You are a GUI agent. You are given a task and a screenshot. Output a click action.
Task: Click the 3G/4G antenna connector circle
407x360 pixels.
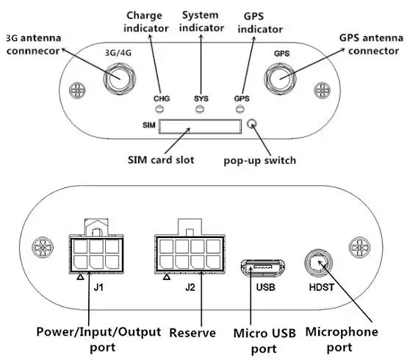[120, 79]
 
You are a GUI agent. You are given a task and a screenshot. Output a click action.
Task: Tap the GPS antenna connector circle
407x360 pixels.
[281, 79]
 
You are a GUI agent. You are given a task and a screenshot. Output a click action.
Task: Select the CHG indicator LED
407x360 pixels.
[159, 109]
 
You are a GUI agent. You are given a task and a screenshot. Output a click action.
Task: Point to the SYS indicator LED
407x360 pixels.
[200, 109]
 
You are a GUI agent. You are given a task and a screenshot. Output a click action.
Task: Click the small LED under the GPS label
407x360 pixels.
[239, 109]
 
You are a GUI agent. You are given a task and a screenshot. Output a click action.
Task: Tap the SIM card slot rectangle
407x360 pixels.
[200, 126]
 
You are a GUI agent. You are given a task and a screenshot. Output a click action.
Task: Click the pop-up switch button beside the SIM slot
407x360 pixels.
[252, 124]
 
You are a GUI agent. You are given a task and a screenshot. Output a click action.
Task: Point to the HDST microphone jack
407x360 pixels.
[319, 263]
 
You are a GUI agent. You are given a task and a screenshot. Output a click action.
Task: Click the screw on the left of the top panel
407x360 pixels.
[77, 90]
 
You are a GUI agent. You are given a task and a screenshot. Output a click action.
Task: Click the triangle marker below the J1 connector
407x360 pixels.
[81, 277]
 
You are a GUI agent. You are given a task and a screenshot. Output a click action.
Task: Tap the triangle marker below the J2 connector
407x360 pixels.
[167, 277]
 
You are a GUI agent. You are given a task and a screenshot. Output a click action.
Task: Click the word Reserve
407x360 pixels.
[192, 333]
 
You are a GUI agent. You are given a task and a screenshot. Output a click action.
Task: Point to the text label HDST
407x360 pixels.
[321, 287]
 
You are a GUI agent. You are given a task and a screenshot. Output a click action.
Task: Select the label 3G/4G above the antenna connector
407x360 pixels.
[118, 53]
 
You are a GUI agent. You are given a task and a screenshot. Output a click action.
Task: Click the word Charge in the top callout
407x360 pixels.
[144, 16]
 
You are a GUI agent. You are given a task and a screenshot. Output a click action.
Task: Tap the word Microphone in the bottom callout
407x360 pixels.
[342, 332]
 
